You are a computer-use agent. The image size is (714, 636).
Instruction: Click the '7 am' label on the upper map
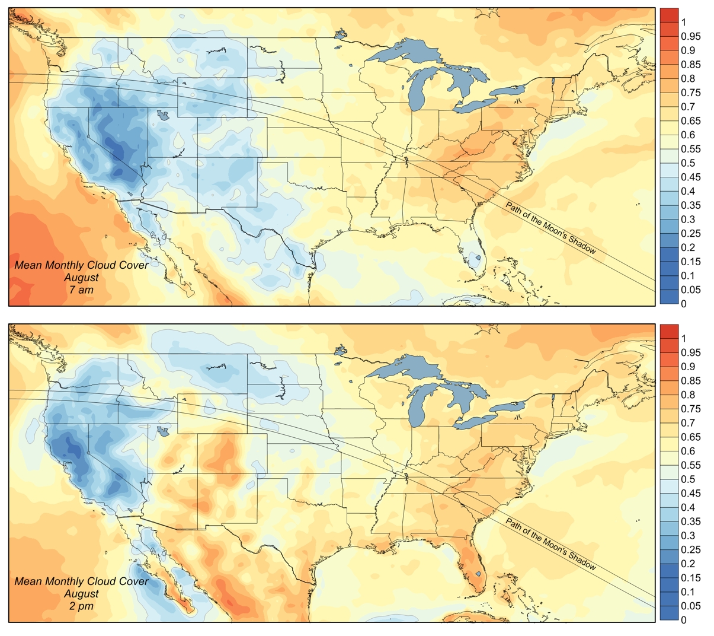[81, 290]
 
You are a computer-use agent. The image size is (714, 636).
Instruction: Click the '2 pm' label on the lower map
[81, 606]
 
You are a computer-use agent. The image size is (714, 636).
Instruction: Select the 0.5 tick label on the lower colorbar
[688, 479]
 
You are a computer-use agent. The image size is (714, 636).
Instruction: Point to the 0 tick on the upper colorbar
[684, 304]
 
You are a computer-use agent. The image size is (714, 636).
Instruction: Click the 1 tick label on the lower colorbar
[684, 339]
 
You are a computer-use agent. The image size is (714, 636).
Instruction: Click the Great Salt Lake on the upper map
[162, 115]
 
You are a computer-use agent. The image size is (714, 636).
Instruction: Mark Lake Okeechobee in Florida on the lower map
[478, 574]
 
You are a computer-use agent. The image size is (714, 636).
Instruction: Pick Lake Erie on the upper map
[475, 105]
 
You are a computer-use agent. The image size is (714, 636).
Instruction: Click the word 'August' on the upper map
[81, 278]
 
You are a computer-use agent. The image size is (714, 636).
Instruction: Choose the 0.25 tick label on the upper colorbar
[691, 234]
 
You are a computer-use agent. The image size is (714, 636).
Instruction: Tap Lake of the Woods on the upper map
[341, 34]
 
